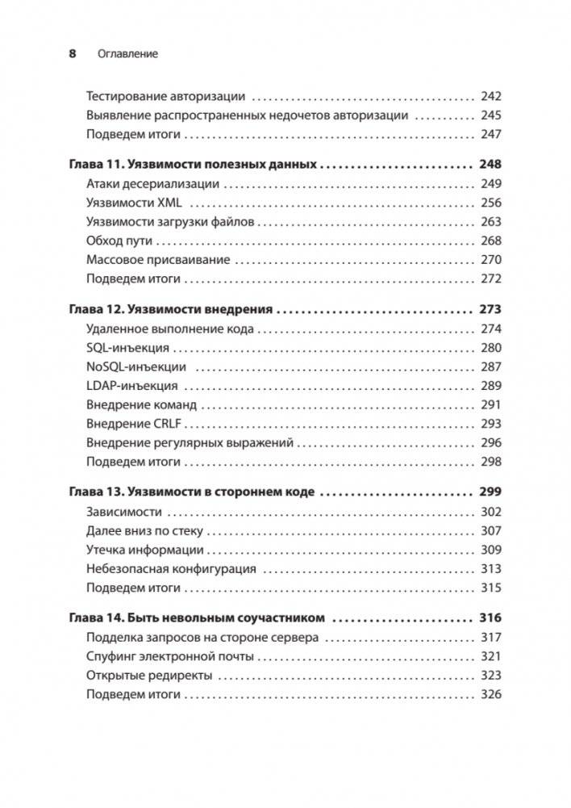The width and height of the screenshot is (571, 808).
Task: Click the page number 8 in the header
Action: (73, 54)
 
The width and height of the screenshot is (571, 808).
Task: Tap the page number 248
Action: (490, 165)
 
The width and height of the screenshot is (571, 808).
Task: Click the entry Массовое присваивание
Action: (157, 260)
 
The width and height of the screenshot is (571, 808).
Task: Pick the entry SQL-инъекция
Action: (127, 348)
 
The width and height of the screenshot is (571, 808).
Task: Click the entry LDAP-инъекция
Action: (131, 386)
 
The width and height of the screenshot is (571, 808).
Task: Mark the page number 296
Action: (490, 442)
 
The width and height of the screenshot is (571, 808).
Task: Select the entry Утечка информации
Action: (144, 550)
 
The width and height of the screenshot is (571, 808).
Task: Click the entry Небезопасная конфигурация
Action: (171, 568)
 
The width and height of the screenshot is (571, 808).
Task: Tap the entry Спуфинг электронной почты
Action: (169, 656)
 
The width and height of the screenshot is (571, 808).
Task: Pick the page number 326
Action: (490, 694)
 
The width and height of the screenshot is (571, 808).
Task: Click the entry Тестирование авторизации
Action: (165, 95)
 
